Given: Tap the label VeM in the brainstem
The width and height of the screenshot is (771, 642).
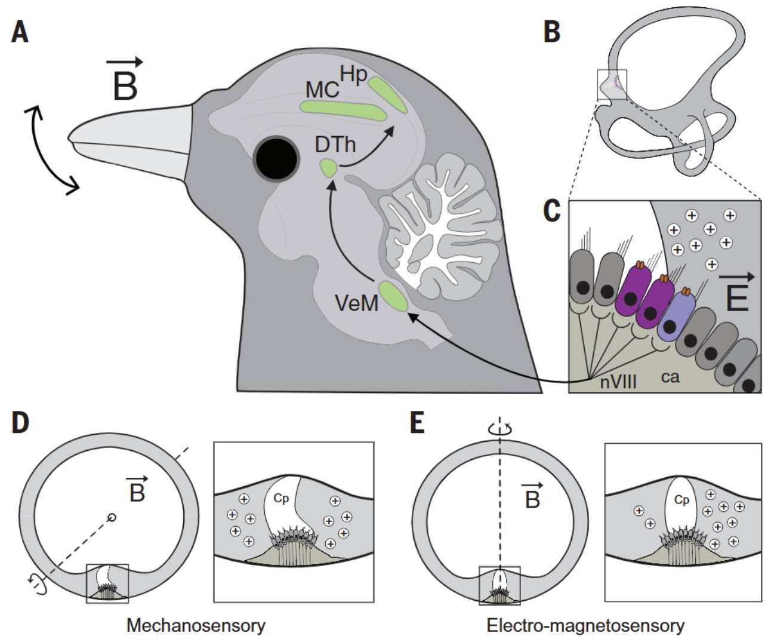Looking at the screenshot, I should point(357,303).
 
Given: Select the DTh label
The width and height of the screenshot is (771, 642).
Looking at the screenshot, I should point(335,144).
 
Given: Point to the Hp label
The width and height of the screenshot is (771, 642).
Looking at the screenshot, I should point(353,75).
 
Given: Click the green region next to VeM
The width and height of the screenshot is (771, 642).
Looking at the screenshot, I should point(394,296).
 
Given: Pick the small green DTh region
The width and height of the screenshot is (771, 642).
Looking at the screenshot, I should point(328,168).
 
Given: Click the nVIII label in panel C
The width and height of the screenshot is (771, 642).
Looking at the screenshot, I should point(618,380).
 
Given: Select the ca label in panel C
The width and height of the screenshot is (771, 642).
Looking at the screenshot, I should point(670,377).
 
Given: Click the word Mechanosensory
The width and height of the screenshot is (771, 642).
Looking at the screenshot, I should point(196,625).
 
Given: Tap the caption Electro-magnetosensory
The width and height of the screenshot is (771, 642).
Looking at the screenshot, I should point(585,625).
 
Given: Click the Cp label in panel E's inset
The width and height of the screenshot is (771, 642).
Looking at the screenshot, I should point(681,500).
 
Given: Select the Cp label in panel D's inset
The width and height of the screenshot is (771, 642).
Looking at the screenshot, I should point(281,498).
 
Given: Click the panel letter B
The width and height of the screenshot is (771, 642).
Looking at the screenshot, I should point(552,32).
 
